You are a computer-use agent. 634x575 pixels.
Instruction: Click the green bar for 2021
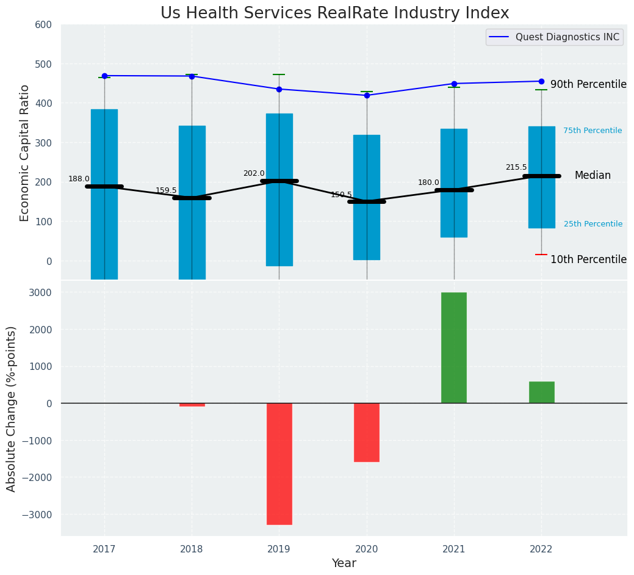(454, 347)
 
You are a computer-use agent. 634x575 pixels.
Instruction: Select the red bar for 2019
(279, 463)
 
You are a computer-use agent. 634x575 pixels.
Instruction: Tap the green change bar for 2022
(541, 392)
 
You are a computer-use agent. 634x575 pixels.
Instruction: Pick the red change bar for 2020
(367, 432)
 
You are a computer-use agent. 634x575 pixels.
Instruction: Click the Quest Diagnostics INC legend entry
(567, 37)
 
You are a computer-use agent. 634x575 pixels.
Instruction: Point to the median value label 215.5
(516, 167)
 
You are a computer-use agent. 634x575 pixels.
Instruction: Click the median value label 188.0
(79, 179)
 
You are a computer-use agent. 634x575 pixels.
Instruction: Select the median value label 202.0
(254, 173)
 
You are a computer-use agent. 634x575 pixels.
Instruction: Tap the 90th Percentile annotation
(588, 84)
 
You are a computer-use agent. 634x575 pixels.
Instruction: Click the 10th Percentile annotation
(588, 259)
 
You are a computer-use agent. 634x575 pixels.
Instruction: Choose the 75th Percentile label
(593, 131)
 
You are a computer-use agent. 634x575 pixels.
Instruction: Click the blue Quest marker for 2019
(279, 89)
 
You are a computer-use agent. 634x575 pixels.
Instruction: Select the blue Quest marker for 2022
(541, 81)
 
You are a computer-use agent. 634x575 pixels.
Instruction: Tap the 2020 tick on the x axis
(367, 549)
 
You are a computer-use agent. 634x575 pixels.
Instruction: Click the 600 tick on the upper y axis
(48, 25)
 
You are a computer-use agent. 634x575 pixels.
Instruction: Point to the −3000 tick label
(37, 515)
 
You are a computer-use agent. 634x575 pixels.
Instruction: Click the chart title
(334, 13)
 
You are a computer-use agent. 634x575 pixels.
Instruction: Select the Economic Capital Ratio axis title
(25, 153)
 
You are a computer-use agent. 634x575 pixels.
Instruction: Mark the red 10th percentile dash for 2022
(541, 255)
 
